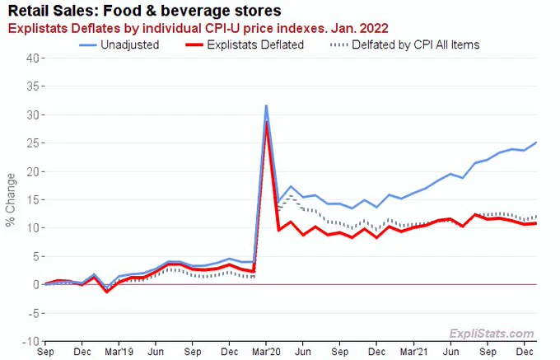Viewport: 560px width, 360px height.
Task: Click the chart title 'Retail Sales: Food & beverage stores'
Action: click(144, 11)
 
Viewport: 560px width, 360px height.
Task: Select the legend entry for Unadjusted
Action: click(119, 44)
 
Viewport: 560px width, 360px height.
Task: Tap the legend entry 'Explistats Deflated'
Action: click(245, 44)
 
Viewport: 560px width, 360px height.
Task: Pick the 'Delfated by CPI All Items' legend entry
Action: click(405, 44)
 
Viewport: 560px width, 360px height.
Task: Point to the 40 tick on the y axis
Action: click(33, 58)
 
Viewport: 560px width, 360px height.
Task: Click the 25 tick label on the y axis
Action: click(33, 143)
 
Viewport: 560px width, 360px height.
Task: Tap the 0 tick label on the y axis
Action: click(36, 285)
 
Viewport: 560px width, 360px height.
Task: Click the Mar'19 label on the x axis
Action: click(119, 352)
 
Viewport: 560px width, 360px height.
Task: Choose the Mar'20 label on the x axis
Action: click(267, 352)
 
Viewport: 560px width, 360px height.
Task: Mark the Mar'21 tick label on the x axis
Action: click(414, 352)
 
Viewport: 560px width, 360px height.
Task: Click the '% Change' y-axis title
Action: click(11, 199)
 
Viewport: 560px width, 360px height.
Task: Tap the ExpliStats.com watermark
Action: click(492, 334)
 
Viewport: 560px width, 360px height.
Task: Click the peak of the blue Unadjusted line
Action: click(266, 105)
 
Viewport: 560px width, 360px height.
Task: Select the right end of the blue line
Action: click(536, 143)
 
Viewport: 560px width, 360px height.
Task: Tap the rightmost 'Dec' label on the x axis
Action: click(525, 352)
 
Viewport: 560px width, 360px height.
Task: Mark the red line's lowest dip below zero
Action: click(107, 292)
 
